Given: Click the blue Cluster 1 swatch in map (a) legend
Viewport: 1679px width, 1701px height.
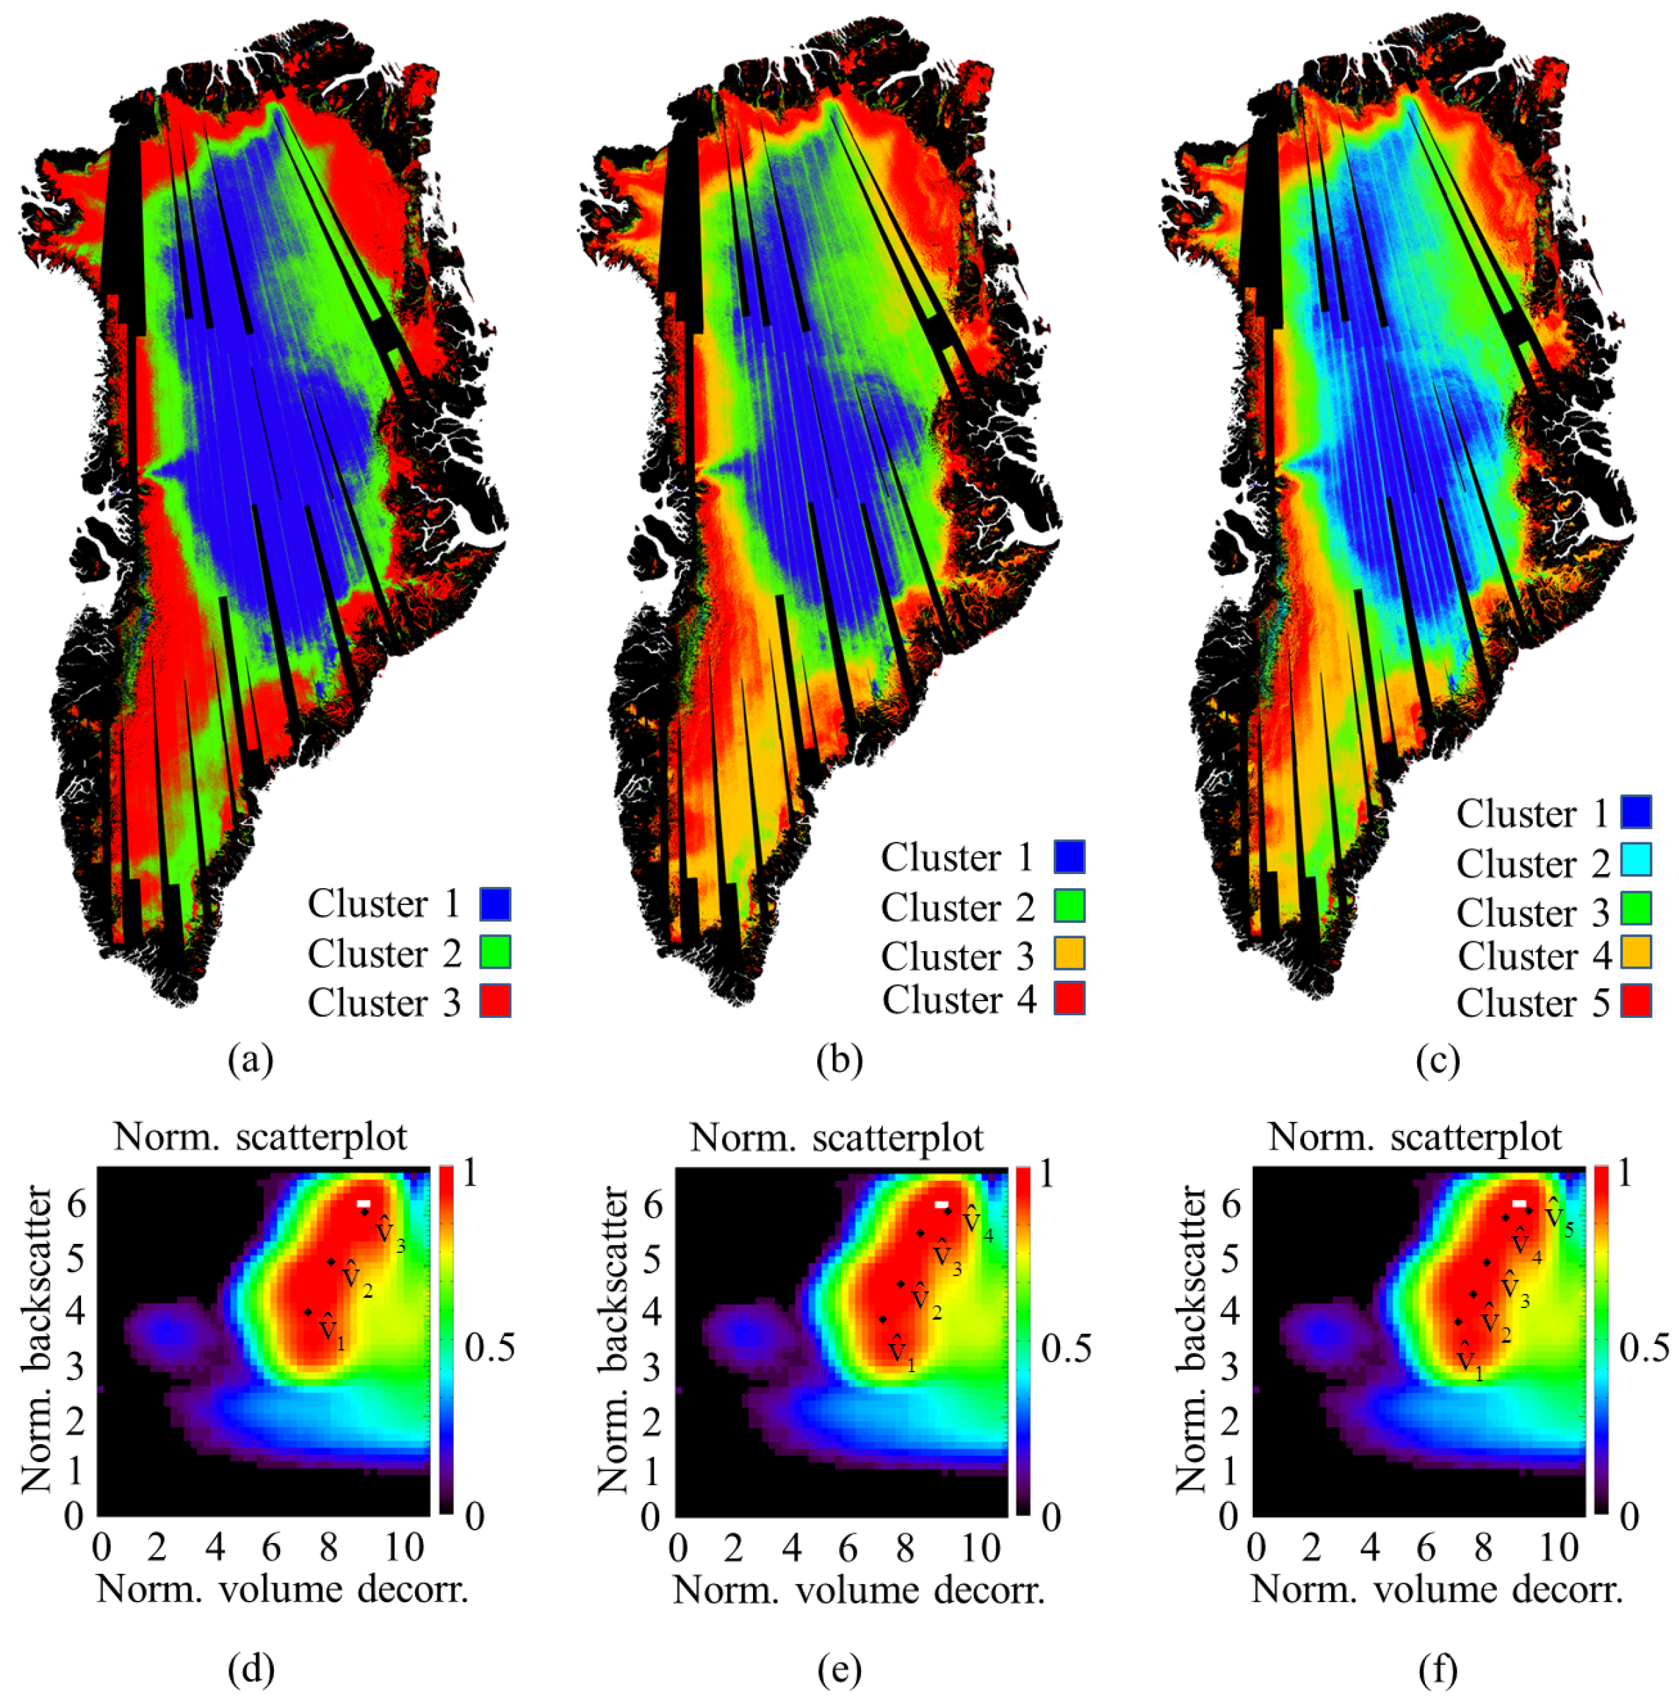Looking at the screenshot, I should [494, 903].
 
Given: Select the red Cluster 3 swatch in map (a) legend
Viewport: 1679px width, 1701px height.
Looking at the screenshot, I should [494, 1001].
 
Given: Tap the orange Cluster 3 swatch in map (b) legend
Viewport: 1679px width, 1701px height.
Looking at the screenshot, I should [1069, 954].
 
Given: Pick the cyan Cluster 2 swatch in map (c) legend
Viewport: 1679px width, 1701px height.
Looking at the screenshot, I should [1636, 860].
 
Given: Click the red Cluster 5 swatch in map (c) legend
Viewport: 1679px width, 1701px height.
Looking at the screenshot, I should [1636, 1001].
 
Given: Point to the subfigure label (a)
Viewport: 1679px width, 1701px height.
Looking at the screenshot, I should [251, 1060].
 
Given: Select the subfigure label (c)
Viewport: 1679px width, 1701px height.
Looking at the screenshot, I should [1438, 1060].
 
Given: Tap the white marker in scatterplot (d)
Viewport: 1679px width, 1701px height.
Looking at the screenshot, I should [363, 1204].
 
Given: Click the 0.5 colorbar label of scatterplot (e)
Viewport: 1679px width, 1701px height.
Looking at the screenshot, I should [1066, 1348].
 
